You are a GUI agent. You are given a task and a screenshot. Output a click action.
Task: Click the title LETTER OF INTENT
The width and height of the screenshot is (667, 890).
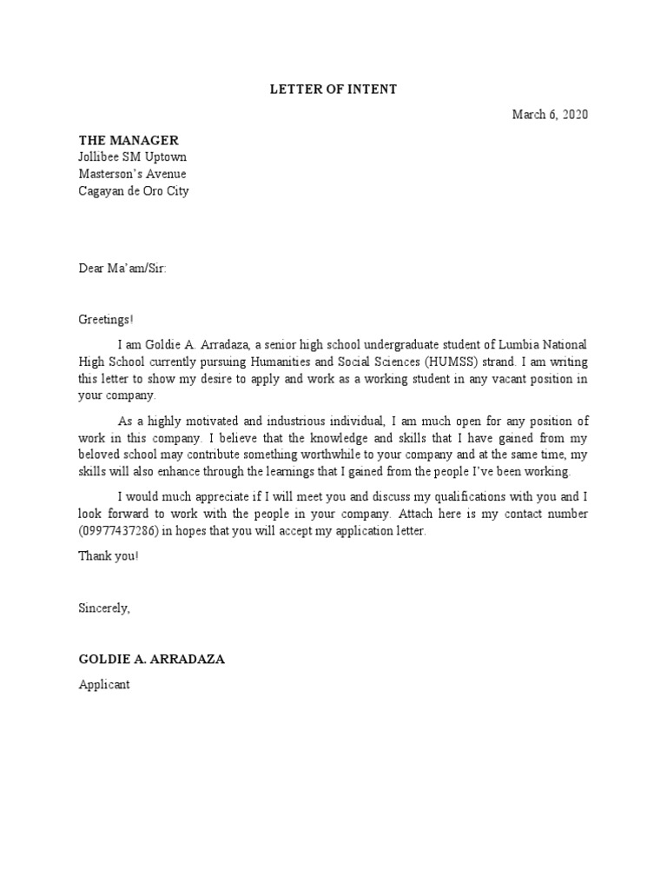coord(333,89)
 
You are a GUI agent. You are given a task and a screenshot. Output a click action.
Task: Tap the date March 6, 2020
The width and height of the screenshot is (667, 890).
coord(550,115)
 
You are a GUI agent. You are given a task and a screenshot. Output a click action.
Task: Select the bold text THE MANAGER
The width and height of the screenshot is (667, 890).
coord(129,140)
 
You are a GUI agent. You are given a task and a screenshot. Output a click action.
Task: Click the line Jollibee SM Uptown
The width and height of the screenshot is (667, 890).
coord(132,157)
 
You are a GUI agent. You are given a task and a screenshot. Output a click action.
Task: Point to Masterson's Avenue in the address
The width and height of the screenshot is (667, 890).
coord(132,174)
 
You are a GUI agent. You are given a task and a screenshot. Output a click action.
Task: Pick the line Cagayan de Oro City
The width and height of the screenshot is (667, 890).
coord(134,191)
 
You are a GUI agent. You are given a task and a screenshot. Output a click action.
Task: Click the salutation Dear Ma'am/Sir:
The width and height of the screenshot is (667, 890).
coord(122,269)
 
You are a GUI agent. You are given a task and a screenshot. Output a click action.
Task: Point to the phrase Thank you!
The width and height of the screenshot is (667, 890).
coord(108,555)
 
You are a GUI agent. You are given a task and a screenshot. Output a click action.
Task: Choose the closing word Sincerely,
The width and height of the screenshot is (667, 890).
coord(104,608)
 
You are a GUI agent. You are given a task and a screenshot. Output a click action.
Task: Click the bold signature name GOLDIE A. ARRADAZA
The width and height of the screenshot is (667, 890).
coord(152,659)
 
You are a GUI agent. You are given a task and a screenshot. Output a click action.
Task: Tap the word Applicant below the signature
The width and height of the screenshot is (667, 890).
coord(104,685)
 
